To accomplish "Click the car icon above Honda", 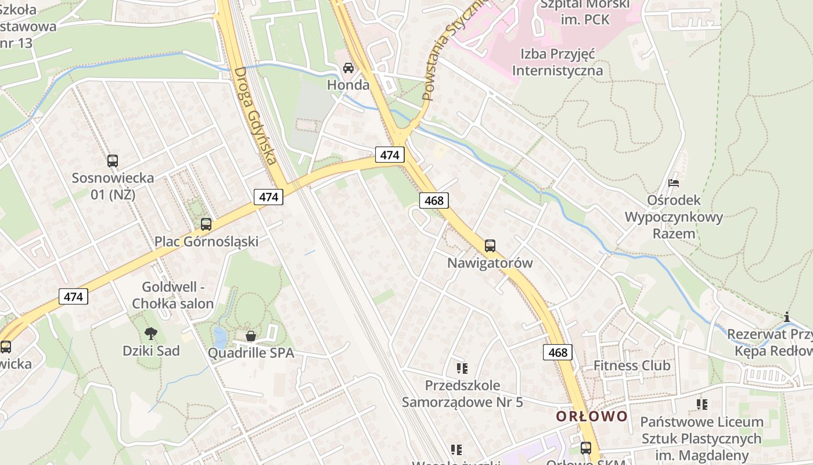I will click(348, 68).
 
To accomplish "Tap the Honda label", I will click(348, 85).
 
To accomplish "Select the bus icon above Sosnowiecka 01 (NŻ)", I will click(113, 161).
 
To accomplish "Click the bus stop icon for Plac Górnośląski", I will click(206, 224).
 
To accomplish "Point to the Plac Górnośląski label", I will click(206, 241).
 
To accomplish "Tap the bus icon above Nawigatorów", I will click(490, 246).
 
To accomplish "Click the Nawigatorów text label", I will click(490, 263).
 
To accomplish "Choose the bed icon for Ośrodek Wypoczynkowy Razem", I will click(674, 183).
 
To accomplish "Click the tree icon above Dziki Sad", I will click(151, 334).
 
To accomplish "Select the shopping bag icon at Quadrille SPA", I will click(251, 336).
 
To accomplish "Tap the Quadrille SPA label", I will click(251, 353).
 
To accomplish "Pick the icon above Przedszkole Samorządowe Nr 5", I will click(462, 368).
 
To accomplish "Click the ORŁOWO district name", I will click(592, 416).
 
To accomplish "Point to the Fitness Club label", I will click(632, 366).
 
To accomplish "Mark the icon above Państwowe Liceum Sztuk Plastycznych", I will click(702, 404).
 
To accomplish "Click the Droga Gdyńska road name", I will click(255, 116).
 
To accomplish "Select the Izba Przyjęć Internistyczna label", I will click(557, 62).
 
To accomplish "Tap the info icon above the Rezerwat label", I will click(787, 317).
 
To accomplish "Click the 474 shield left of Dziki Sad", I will click(73, 296).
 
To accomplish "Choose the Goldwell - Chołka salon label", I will click(173, 295).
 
